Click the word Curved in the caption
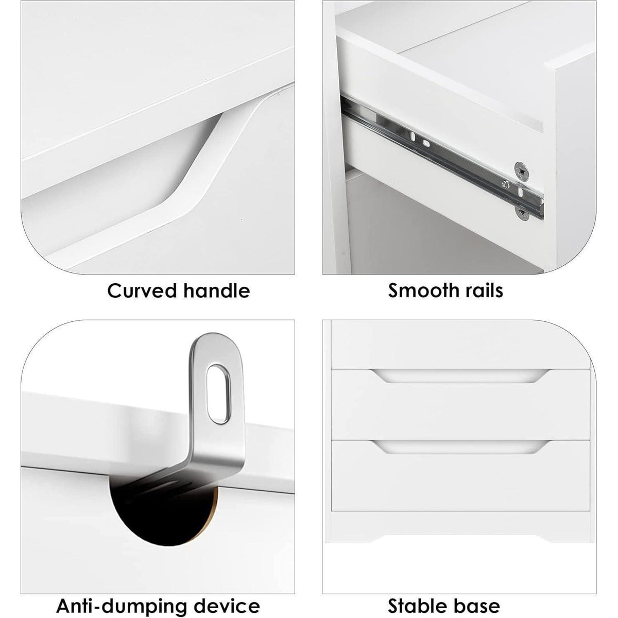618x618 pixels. coord(142,291)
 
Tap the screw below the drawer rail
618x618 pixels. coord(522,213)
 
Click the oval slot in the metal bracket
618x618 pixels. coord(218,394)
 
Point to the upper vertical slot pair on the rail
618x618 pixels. coord(419,140)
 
